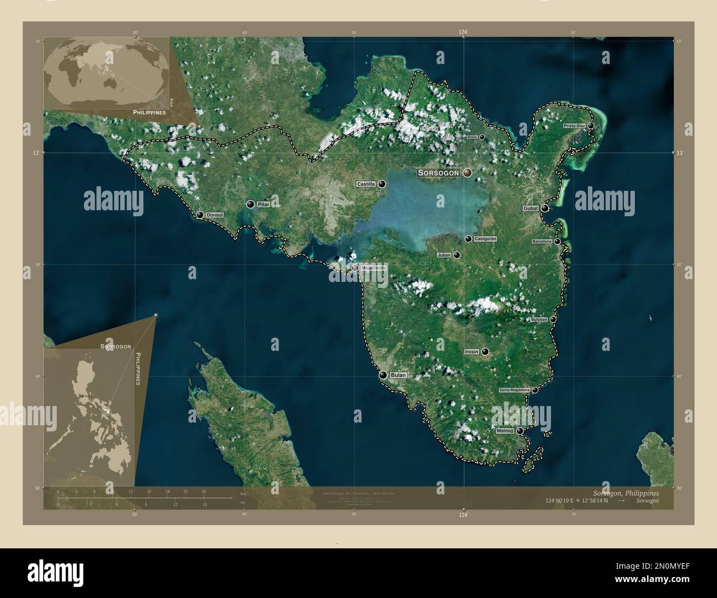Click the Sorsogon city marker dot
click(x=468, y=173)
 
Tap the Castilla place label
click(x=366, y=184)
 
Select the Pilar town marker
click(x=250, y=205)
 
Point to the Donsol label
click(x=214, y=215)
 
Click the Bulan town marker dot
click(x=383, y=375)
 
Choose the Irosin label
click(x=471, y=351)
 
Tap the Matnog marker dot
click(x=520, y=431)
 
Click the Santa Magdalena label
click(x=514, y=390)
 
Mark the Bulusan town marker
click(x=553, y=319)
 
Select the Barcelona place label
click(x=542, y=242)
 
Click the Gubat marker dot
click(x=545, y=209)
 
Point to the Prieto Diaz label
click(x=574, y=126)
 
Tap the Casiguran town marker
click(x=468, y=239)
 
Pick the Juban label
click(x=444, y=255)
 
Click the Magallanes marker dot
click(x=355, y=268)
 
